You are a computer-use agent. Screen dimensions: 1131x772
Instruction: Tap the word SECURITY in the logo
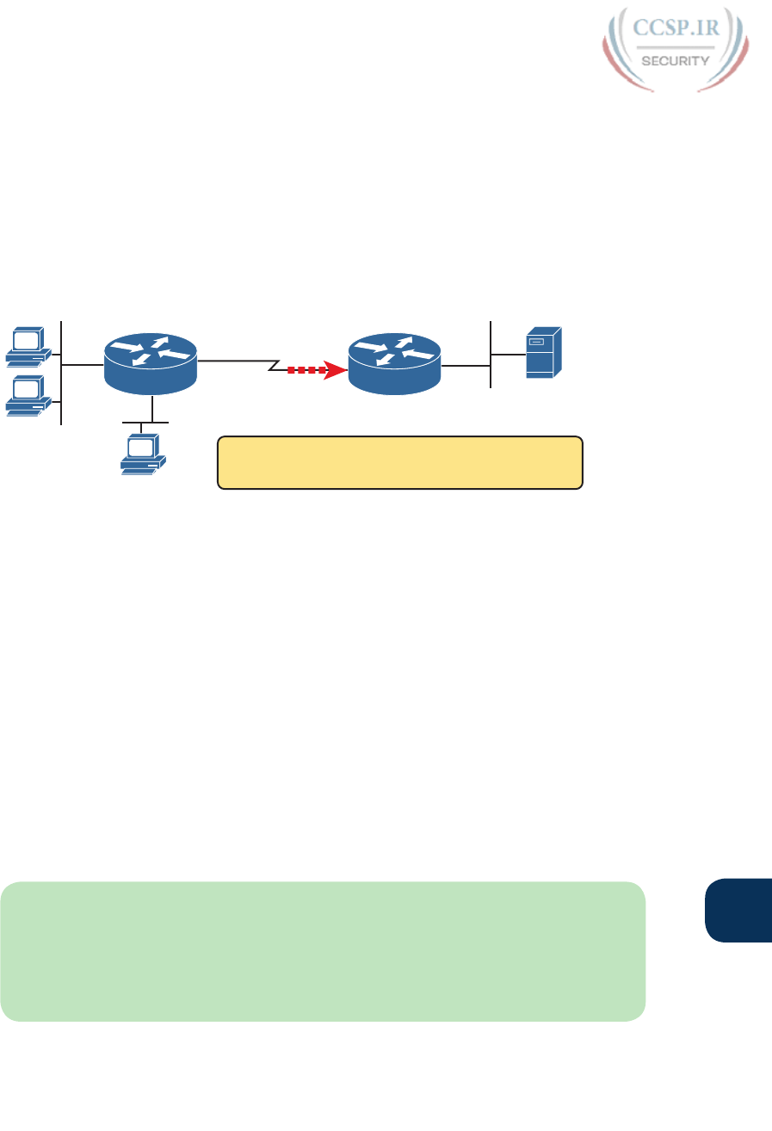coord(676,60)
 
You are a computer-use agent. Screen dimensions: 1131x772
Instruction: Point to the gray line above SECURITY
coord(676,47)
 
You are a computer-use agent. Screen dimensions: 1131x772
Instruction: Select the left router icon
coord(151,365)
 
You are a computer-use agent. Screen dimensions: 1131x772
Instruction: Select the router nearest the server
coord(393,365)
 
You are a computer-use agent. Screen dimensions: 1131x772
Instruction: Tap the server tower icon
coord(543,352)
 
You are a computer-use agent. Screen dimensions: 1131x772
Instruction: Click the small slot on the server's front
coord(535,343)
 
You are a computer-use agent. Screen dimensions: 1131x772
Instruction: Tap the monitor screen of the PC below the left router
coord(140,446)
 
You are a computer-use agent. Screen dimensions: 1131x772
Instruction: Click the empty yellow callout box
coord(400,463)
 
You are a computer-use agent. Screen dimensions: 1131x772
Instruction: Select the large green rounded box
coord(323,950)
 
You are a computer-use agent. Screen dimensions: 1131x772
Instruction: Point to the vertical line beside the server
coord(490,354)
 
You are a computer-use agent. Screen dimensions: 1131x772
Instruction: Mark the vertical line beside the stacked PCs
coord(62,372)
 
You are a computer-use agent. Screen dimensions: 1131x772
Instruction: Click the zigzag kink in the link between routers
coord(274,367)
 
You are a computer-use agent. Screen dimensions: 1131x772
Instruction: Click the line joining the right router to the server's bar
coord(465,366)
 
